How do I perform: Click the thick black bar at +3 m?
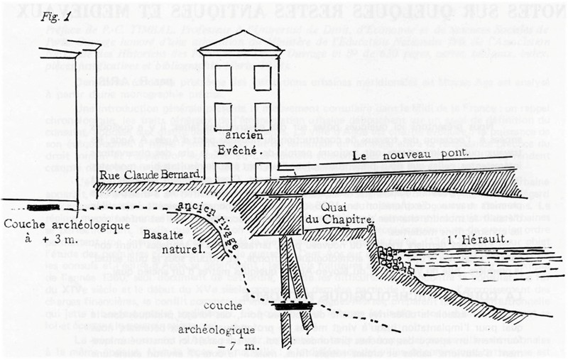(43, 207)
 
